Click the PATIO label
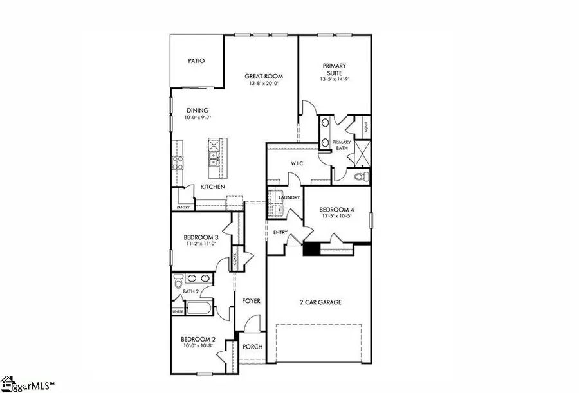point(196,61)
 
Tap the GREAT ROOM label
point(263,77)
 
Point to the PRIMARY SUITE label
point(335,69)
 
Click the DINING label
point(198,110)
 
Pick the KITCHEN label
point(212,187)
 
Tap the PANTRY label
point(183,208)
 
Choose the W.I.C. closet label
point(297,163)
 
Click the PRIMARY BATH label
point(342,145)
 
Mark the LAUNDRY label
point(289,197)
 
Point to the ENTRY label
point(280,232)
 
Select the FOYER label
point(251,300)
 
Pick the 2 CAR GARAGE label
point(319,302)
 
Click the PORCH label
point(252,347)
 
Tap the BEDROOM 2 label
point(198,340)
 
